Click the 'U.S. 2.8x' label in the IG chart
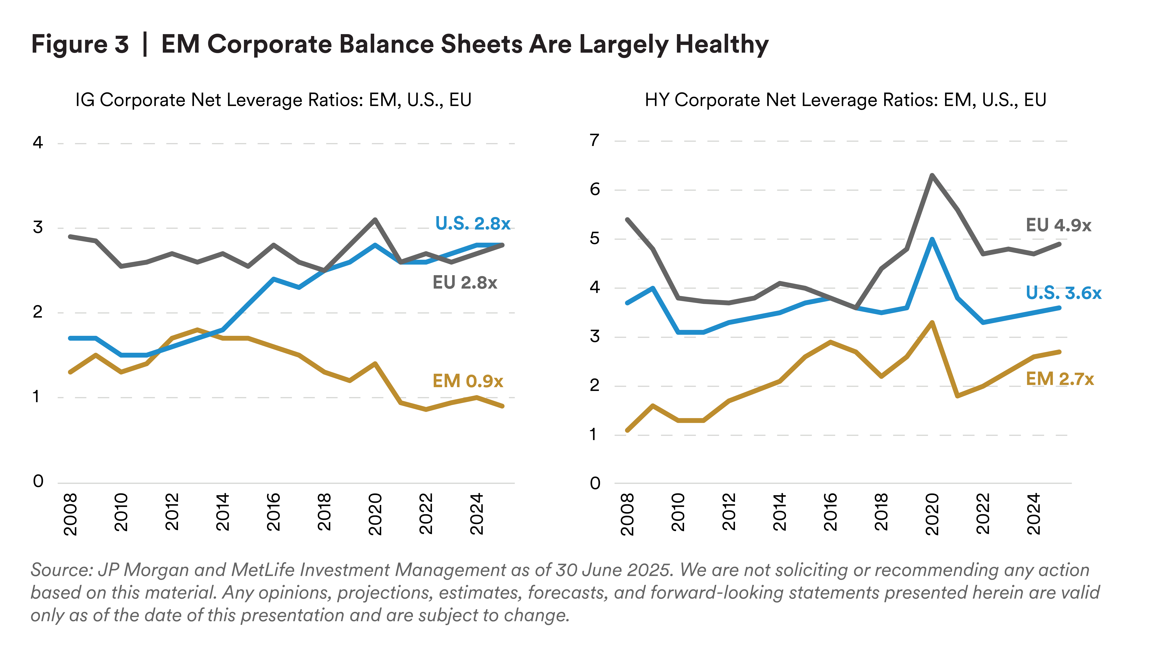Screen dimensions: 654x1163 (472, 223)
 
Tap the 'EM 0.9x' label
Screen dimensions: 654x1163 (468, 381)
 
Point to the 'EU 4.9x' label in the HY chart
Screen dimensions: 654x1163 (1059, 225)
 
